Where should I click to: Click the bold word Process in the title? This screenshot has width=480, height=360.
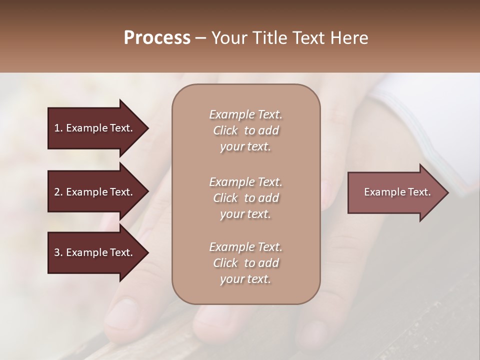[157, 38]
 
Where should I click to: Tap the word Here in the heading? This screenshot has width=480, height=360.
[349, 38]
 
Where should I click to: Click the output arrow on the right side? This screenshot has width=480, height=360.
[395, 192]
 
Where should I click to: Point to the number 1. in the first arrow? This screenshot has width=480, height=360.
[58, 128]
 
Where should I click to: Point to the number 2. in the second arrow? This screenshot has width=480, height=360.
[58, 192]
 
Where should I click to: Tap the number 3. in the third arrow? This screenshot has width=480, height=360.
[58, 252]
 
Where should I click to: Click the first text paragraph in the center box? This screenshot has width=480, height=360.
[245, 130]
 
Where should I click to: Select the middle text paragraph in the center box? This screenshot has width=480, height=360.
[245, 198]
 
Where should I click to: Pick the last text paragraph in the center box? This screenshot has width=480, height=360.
[245, 263]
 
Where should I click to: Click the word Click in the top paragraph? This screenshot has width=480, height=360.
[225, 131]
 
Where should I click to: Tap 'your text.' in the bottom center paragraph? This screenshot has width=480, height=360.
[245, 279]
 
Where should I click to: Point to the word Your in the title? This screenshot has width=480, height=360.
[227, 38]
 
